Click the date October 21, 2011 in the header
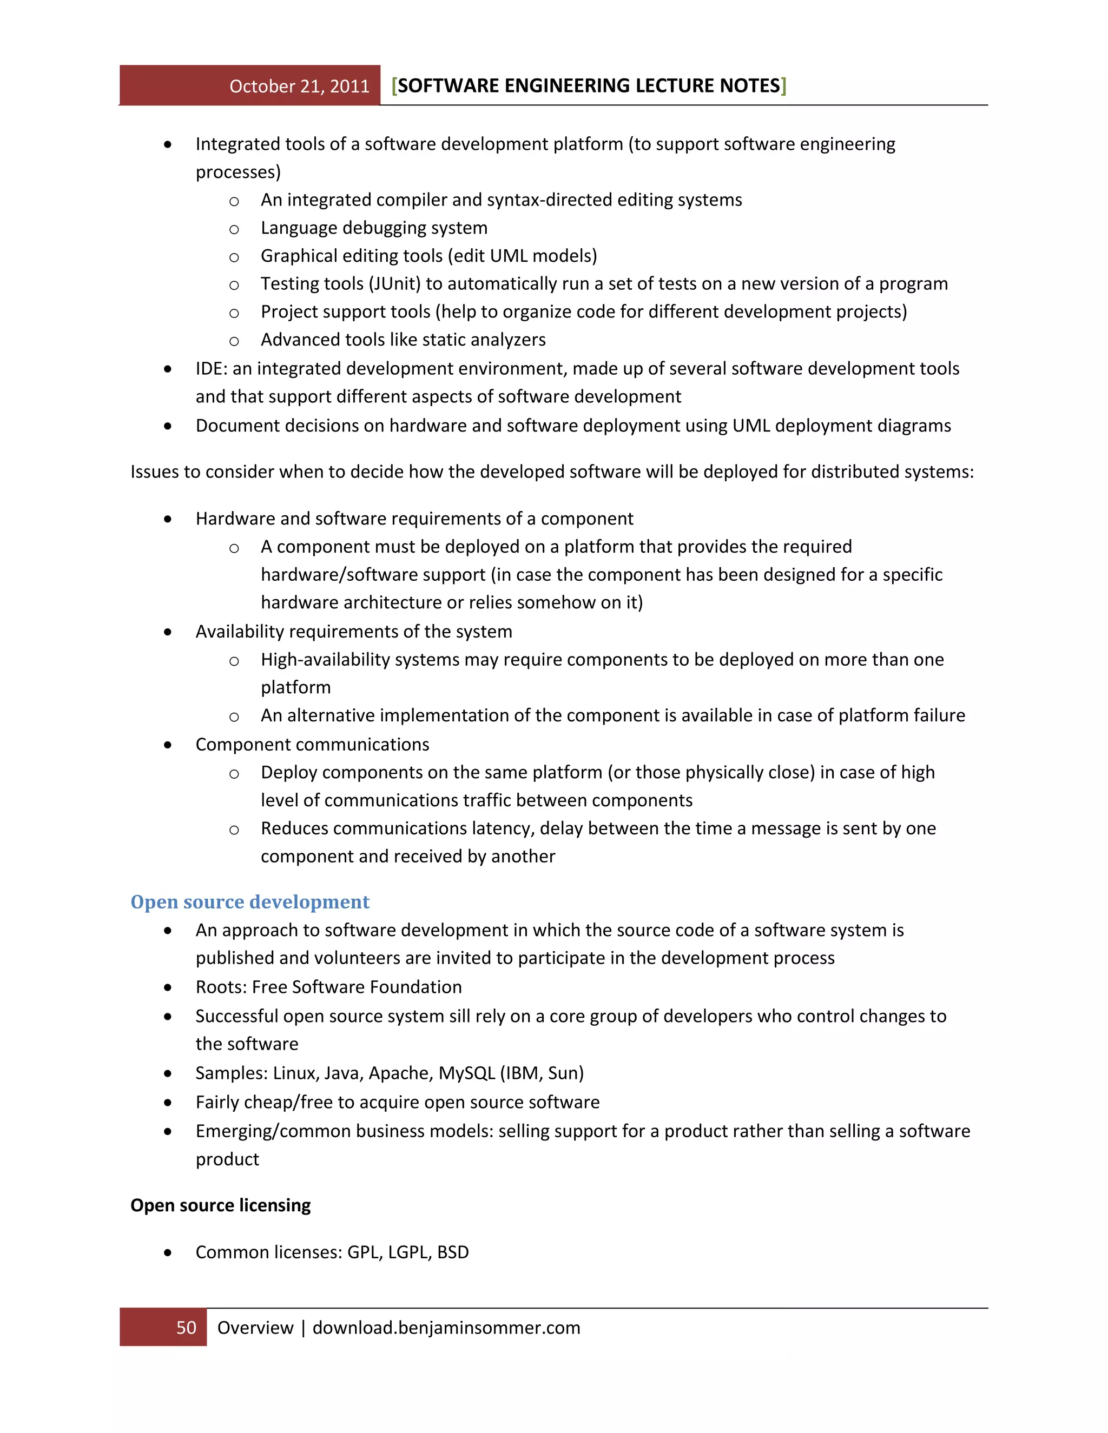click(299, 86)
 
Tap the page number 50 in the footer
click(187, 1328)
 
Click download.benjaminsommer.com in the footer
click(446, 1328)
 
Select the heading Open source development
click(250, 901)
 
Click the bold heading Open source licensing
click(221, 1205)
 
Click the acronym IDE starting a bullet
click(210, 369)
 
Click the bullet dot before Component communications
click(168, 745)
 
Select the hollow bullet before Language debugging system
click(234, 229)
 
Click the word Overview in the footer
click(255, 1328)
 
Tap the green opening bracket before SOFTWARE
click(394, 86)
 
